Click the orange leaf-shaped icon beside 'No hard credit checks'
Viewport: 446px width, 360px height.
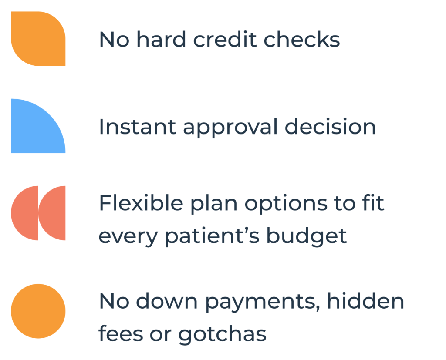38,39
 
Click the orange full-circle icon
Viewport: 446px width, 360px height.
38,311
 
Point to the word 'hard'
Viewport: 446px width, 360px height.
161,39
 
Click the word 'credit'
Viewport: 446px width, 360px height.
225,39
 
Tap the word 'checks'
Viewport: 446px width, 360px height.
302,39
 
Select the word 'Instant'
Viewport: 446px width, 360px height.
137,127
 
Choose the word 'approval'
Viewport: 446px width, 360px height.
230,128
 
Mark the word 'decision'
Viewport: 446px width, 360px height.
330,127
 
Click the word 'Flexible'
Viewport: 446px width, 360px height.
141,203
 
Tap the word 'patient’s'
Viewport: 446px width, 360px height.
212,236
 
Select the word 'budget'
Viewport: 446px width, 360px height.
307,236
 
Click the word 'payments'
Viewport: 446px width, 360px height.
263,303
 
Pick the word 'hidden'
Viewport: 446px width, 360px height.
365,301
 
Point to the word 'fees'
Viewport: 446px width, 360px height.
121,333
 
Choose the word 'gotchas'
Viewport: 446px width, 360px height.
223,335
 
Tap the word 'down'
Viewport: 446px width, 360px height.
167,301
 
